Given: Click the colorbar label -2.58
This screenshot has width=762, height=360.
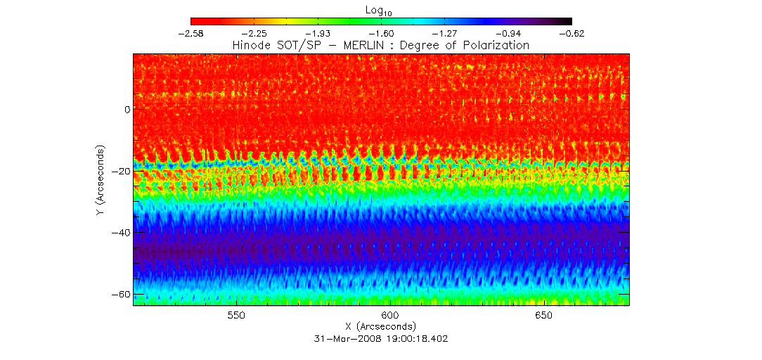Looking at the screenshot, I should pyautogui.click(x=190, y=33).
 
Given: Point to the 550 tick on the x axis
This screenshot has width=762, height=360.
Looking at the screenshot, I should pyautogui.click(x=235, y=316).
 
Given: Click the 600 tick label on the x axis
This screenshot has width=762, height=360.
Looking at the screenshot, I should pyautogui.click(x=389, y=316).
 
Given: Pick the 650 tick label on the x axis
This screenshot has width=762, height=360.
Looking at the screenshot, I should pyautogui.click(x=544, y=316).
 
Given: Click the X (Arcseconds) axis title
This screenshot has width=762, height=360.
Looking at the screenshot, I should pyautogui.click(x=380, y=327).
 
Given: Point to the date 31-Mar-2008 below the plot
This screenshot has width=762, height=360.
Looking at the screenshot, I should pyautogui.click(x=344, y=338).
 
